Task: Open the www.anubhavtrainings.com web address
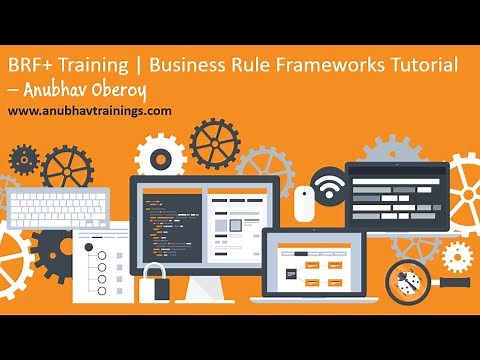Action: point(89,111)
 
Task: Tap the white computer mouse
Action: point(303,203)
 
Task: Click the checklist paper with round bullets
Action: point(99,265)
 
